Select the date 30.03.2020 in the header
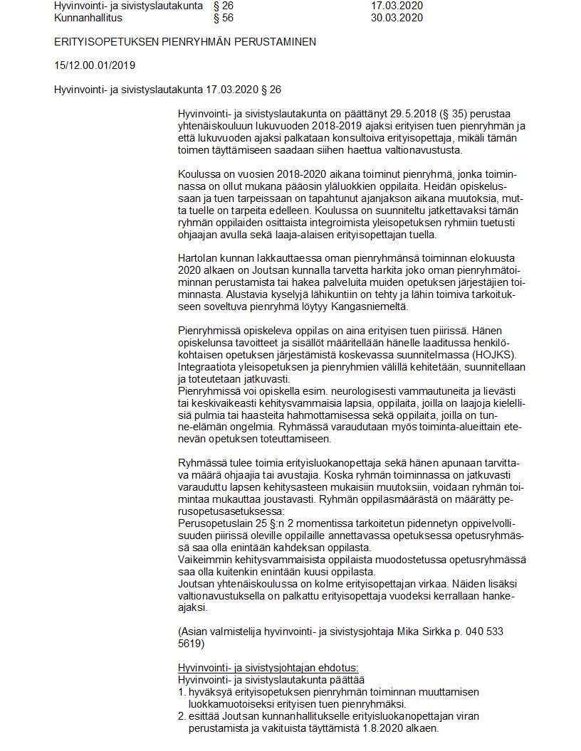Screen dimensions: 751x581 (x=396, y=18)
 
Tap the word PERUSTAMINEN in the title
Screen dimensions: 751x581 (x=274, y=42)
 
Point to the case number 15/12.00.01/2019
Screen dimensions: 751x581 (x=94, y=65)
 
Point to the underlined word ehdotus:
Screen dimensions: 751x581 (x=338, y=668)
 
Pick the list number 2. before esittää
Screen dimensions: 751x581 (x=182, y=718)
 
